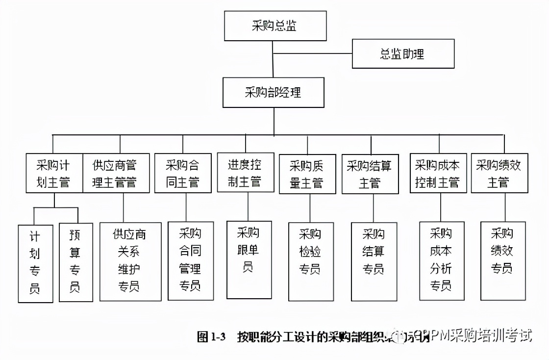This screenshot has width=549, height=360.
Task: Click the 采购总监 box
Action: (x=275, y=26)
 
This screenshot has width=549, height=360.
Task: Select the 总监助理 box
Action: (x=403, y=53)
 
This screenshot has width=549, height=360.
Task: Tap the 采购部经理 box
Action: (x=273, y=92)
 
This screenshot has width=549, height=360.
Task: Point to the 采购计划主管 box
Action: (x=54, y=173)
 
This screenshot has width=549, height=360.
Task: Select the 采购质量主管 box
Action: (x=307, y=174)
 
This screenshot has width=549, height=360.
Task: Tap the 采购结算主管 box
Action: (x=370, y=174)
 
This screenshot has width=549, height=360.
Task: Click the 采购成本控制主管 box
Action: (x=438, y=173)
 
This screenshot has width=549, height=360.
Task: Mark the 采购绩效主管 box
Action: (x=499, y=173)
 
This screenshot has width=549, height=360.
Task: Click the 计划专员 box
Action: (x=35, y=263)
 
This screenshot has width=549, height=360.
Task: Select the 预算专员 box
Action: (x=75, y=262)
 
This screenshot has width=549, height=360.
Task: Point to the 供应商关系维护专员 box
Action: (x=130, y=261)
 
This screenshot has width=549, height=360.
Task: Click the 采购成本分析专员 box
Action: (x=441, y=260)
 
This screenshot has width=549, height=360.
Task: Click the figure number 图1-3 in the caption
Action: (x=211, y=337)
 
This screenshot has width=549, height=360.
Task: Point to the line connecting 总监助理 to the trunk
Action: (x=313, y=53)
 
